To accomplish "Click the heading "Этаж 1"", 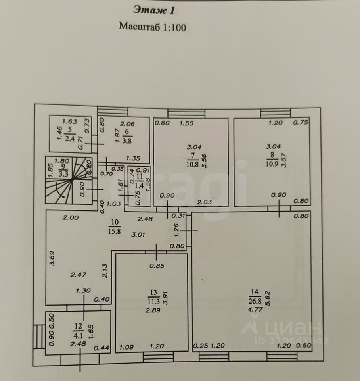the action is [x=154, y=10].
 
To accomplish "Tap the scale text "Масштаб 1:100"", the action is [x=153, y=27].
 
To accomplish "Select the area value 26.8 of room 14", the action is [x=255, y=301].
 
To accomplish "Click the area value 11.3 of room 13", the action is [x=153, y=302].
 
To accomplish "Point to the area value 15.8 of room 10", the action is [x=114, y=231].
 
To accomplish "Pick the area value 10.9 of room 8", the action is [x=272, y=164].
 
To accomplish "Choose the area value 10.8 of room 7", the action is [x=193, y=164].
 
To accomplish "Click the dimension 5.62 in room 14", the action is [x=268, y=298].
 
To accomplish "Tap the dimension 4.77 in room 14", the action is [x=255, y=310].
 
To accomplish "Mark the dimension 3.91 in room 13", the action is [x=166, y=298].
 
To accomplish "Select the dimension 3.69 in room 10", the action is [x=52, y=258].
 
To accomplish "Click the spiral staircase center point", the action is [x=72, y=180].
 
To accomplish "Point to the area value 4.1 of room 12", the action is [x=78, y=336].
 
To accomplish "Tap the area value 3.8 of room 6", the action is [x=127, y=140].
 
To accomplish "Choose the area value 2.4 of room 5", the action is [x=70, y=139].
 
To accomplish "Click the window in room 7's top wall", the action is [x=186, y=114].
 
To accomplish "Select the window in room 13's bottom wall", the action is [x=158, y=357].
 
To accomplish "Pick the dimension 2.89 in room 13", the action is [x=153, y=310].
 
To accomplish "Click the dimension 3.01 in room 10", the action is [x=138, y=235].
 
